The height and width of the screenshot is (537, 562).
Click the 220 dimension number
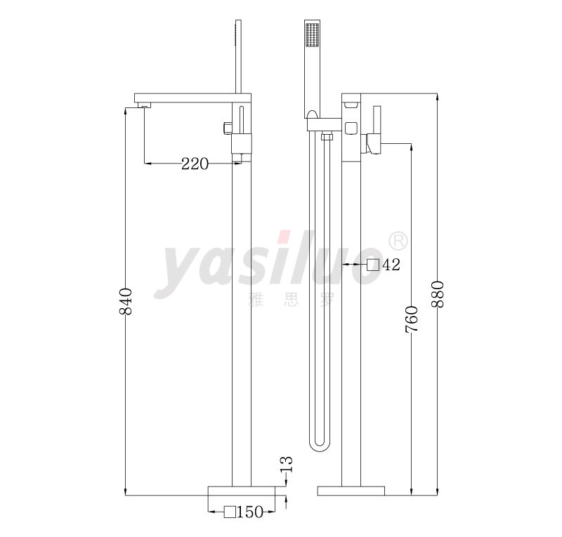195,164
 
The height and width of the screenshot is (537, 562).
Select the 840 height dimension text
126,301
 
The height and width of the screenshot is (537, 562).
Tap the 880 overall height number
438,294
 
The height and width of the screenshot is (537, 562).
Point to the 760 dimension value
412,319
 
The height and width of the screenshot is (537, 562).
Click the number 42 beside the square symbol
391,265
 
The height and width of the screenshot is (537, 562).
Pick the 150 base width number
250,512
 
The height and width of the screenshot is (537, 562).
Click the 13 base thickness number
287,465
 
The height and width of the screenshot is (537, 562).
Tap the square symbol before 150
230,512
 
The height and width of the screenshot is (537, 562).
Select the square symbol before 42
373,265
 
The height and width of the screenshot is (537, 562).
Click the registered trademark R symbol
398,241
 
